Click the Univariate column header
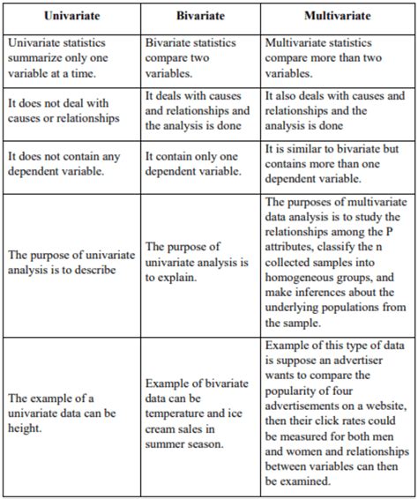point(71,17)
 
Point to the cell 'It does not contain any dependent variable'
point(71,164)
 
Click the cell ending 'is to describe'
point(71,263)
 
